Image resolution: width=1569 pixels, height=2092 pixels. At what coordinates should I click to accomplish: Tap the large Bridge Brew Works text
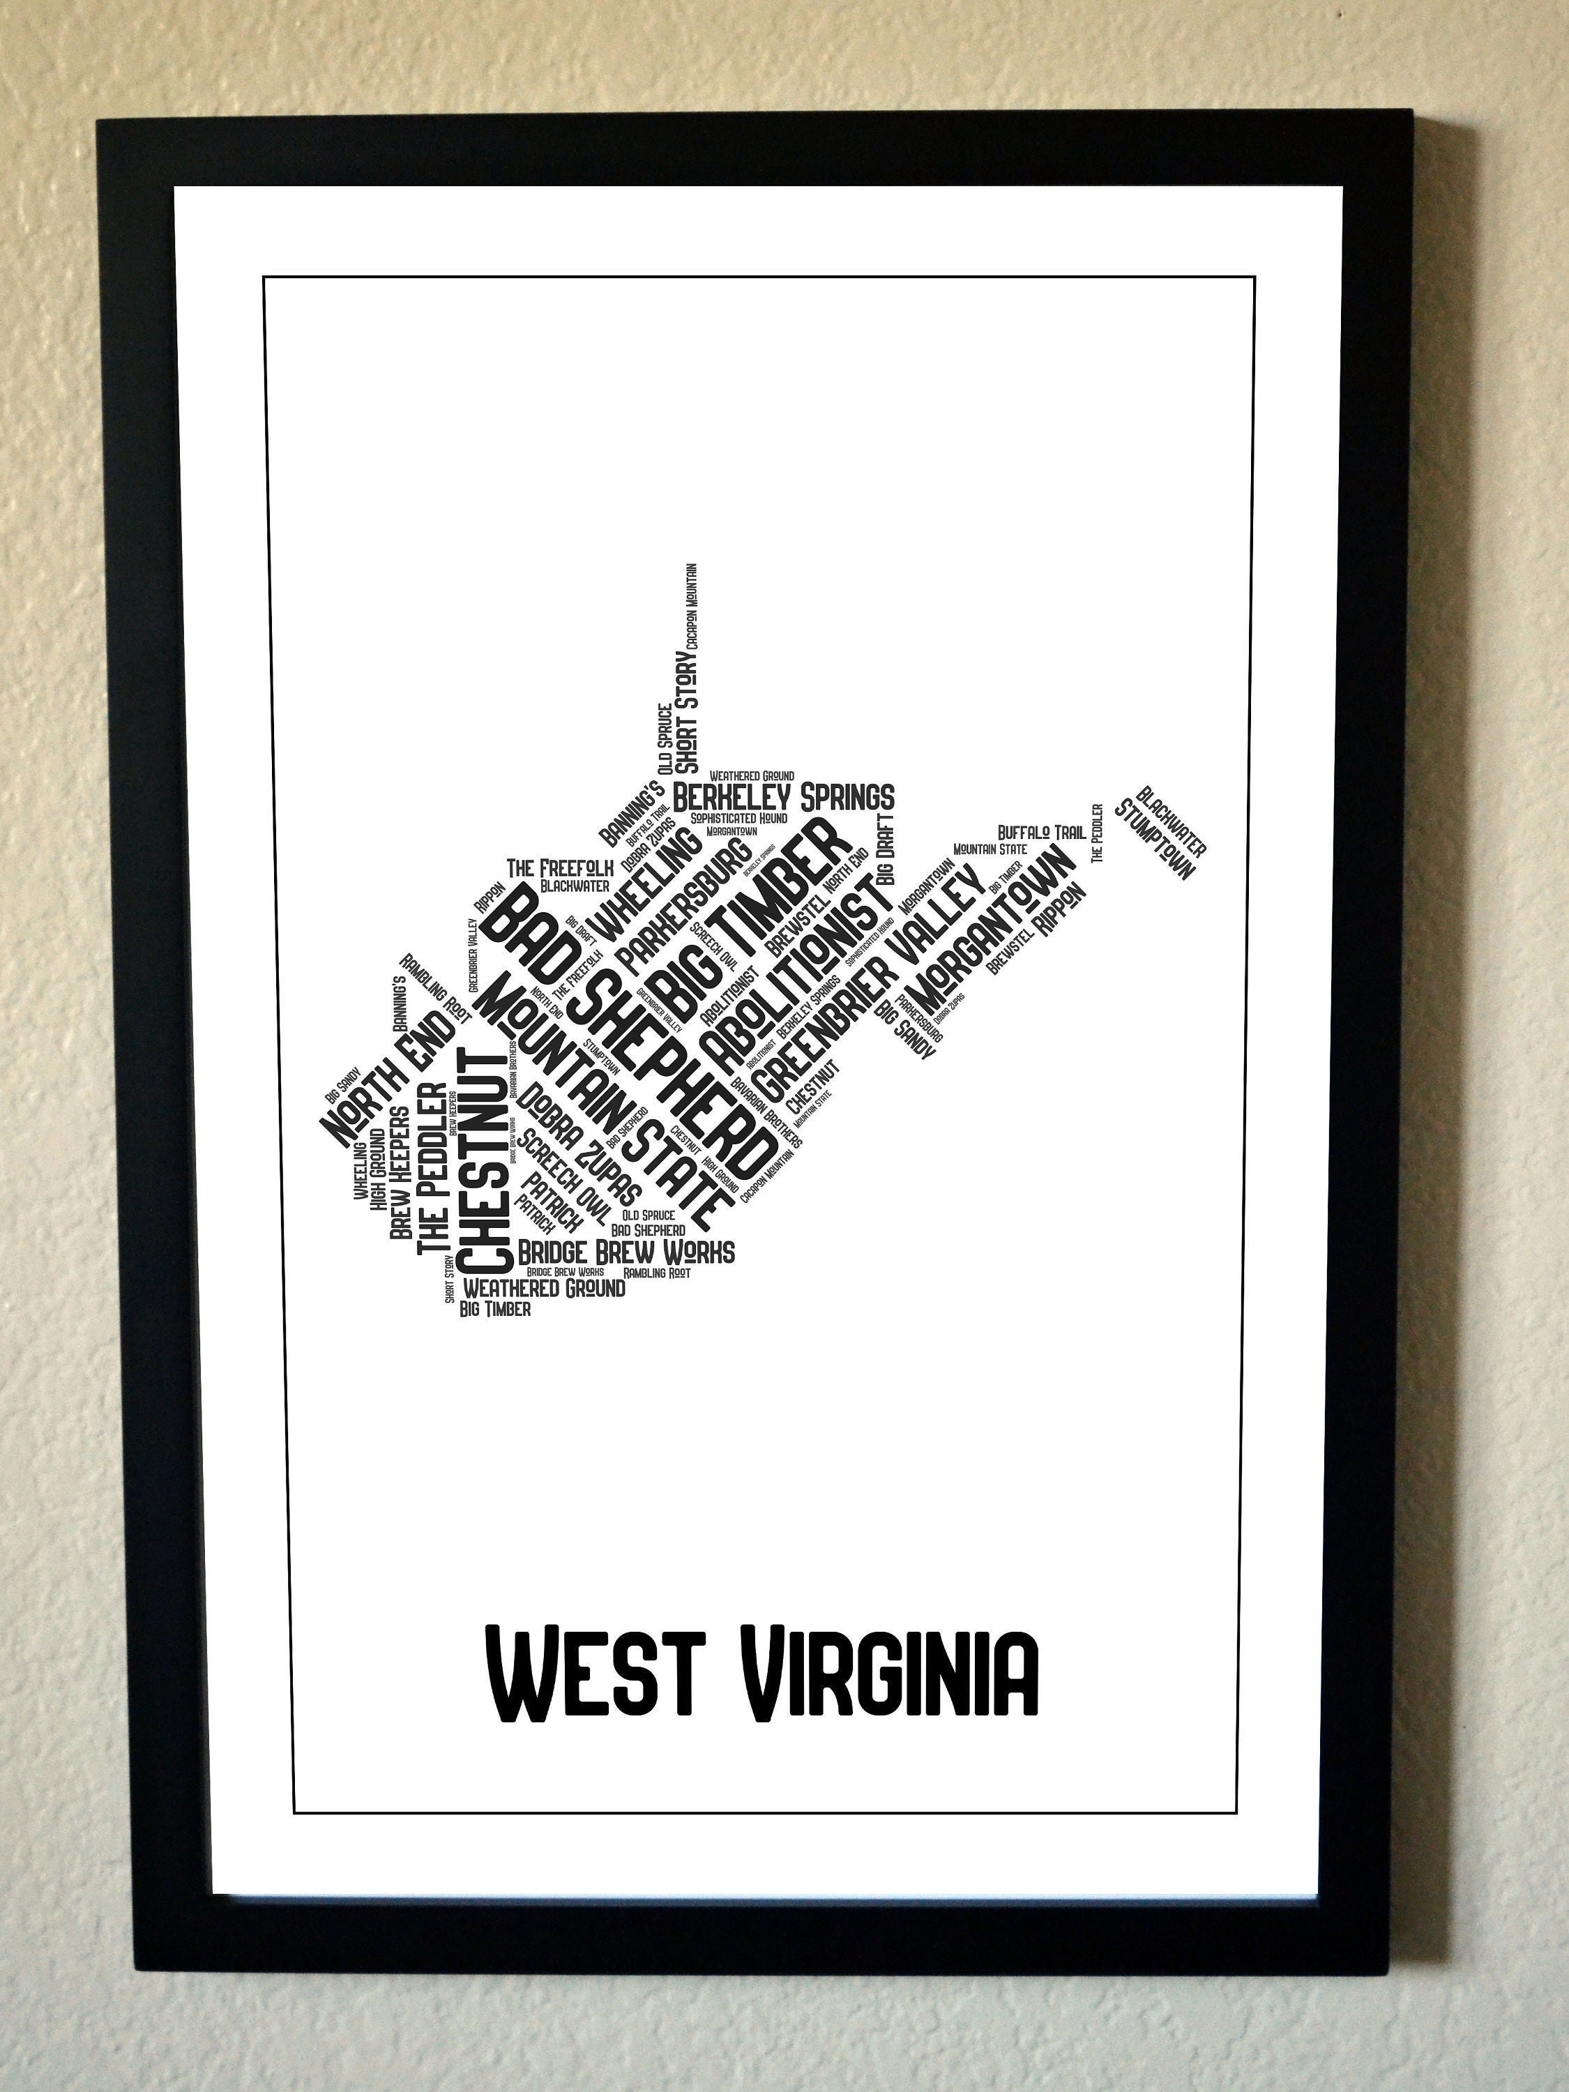(626, 1252)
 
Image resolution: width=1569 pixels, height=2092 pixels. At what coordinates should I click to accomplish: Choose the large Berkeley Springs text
(783, 797)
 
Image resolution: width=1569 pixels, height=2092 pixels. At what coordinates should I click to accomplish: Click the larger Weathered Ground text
(544, 1288)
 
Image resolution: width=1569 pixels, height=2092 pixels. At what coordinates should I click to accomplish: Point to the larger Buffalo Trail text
(1041, 832)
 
